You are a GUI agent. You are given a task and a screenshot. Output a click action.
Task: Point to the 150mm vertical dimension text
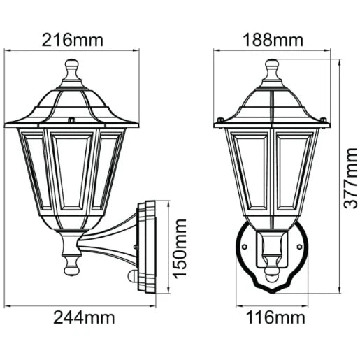180,249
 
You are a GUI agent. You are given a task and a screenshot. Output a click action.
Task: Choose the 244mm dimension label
85,317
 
